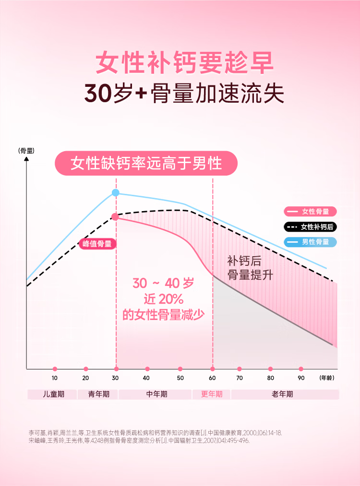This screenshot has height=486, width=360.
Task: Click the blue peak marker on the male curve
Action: click(x=116, y=193)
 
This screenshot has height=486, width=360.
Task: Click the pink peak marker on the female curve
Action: click(x=115, y=217)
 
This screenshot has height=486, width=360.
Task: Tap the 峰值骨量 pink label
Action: click(x=97, y=244)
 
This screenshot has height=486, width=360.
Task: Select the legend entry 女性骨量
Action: click(x=310, y=212)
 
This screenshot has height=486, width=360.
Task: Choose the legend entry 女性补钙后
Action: click(x=310, y=227)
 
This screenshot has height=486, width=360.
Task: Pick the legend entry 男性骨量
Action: click(x=310, y=242)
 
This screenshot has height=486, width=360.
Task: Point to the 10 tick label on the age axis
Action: click(x=54, y=378)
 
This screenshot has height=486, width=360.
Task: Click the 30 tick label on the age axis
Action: click(x=116, y=378)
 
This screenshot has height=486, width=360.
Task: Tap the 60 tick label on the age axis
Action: click(x=213, y=378)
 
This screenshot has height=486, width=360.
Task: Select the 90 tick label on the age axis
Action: click(x=301, y=378)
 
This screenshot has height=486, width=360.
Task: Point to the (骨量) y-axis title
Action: click(x=26, y=151)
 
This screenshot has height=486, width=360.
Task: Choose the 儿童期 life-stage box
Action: click(x=53, y=394)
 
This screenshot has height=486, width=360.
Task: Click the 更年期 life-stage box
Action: click(x=212, y=394)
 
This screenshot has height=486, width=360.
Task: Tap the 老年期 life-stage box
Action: click(x=285, y=394)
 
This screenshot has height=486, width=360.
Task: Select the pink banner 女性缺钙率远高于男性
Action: click(x=146, y=163)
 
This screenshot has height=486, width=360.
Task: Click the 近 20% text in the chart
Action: click(x=164, y=299)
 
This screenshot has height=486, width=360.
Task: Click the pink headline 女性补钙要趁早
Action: click(x=184, y=63)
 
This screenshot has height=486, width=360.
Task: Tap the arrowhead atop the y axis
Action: click(x=26, y=158)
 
